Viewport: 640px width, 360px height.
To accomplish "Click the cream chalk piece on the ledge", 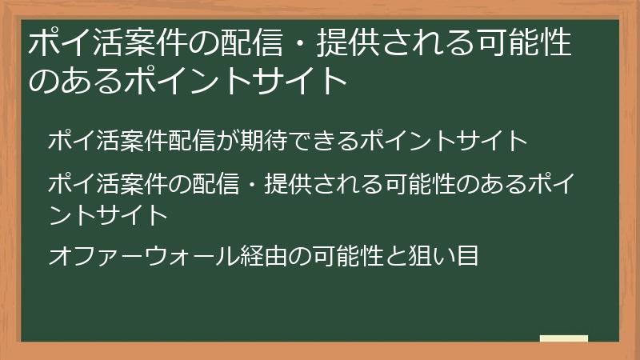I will (x=563, y=338).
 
